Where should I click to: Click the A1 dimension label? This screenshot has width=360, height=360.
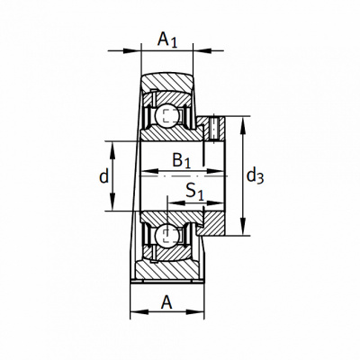(x=167, y=40)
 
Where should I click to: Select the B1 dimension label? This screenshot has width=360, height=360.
(x=182, y=160)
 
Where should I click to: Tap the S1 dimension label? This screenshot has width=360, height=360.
(x=194, y=192)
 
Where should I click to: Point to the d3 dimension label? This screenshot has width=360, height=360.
(x=255, y=176)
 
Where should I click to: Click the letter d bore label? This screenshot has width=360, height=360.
(x=103, y=176)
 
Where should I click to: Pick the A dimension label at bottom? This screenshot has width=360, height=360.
(x=166, y=302)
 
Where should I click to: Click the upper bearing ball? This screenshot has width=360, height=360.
(x=167, y=116)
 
